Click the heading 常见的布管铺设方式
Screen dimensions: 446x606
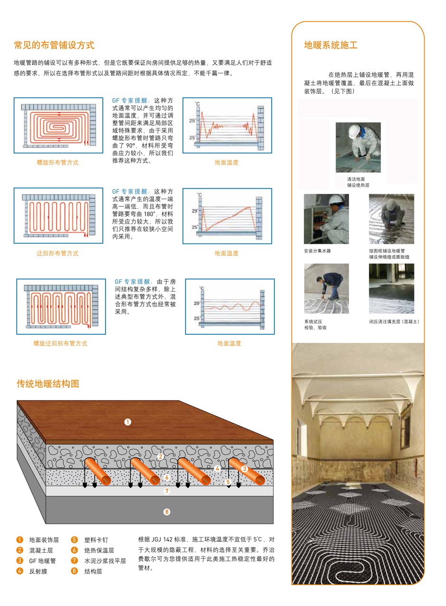(54, 45)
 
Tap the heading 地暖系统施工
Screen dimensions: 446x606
(331, 45)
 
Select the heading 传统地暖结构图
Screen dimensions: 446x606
(48, 383)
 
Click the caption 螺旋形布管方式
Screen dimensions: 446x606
(58, 162)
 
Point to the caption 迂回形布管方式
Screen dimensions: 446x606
(58, 253)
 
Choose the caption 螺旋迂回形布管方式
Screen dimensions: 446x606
(60, 343)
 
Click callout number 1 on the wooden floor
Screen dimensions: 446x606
(127, 421)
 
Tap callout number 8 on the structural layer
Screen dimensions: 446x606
(167, 512)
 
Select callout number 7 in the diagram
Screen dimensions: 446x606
(167, 491)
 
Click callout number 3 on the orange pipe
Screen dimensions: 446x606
(244, 469)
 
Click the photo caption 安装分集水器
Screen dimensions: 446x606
(317, 251)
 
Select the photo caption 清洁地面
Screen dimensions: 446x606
(356, 179)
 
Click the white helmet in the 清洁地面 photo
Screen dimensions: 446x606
(354, 131)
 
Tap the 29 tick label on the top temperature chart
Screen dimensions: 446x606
(192, 120)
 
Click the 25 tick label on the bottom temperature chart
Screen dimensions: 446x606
(197, 318)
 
